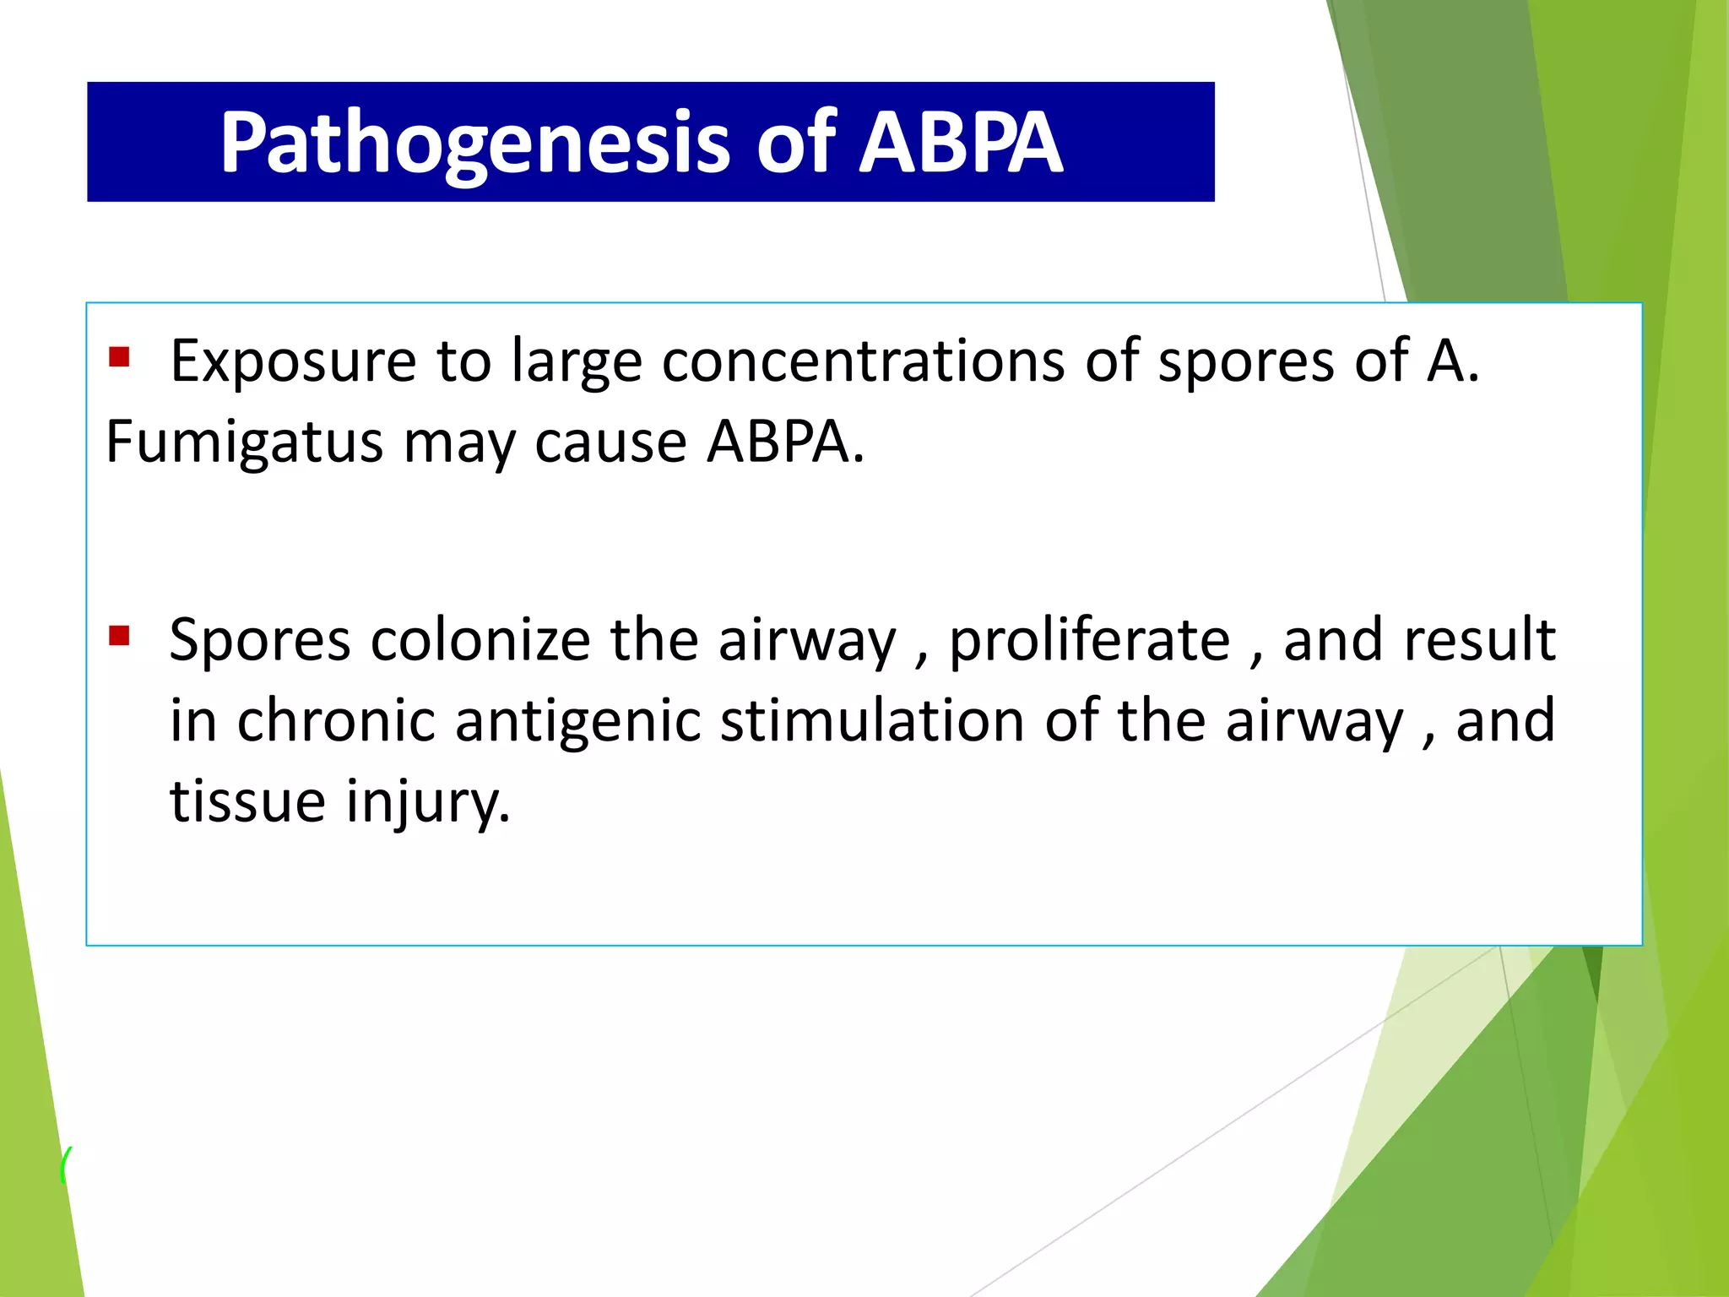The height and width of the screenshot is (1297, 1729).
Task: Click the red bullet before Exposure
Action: [x=119, y=357]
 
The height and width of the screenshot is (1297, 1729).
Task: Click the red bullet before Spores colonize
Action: [x=119, y=635]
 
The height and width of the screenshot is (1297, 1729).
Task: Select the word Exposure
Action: [x=293, y=361]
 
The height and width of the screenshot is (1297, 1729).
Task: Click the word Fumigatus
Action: [x=244, y=442]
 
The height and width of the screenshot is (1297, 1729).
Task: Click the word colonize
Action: [x=480, y=640]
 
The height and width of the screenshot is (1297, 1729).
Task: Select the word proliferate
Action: [x=1089, y=640]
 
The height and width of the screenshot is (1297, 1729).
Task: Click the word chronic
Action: [x=336, y=721]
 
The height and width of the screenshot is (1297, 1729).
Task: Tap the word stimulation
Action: [x=872, y=721]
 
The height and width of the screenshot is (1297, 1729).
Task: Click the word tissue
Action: [x=247, y=800]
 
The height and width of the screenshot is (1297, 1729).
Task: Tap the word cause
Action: [x=610, y=442]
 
